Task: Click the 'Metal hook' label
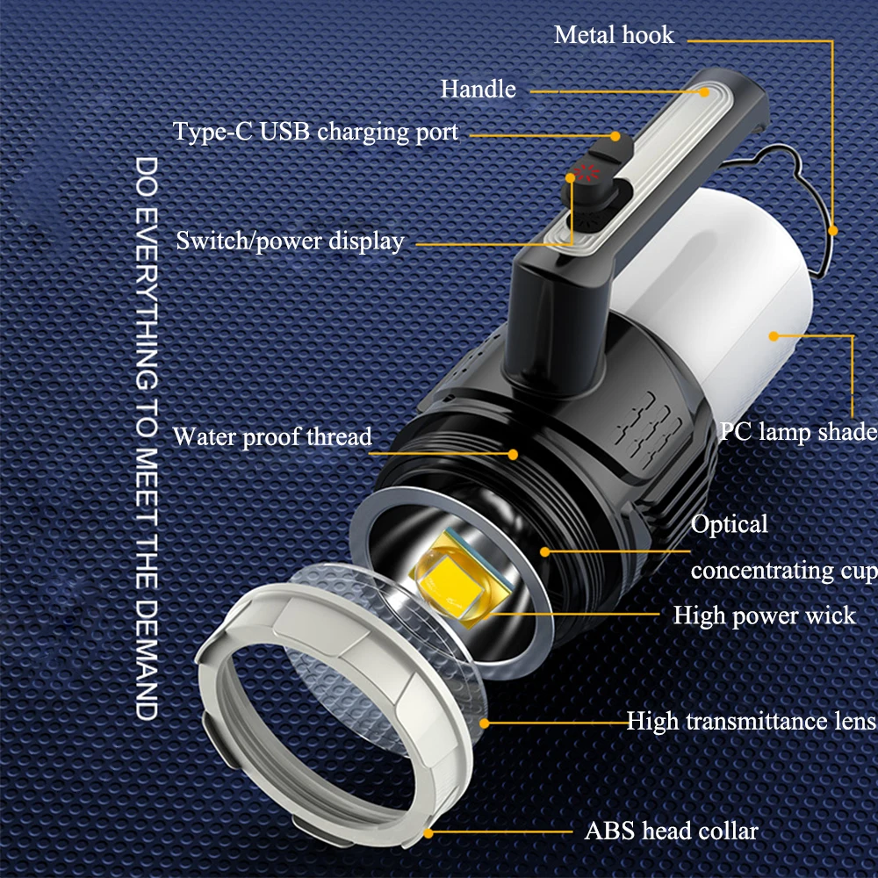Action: [614, 35]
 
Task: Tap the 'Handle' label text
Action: [479, 89]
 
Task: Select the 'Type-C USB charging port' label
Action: [315, 133]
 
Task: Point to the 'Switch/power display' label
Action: [290, 241]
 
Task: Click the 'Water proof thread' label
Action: [272, 436]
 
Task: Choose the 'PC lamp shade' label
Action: [797, 431]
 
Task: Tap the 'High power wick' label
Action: [764, 615]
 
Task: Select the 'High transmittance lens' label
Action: [751, 721]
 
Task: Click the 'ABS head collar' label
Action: [672, 830]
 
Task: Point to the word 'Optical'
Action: [730, 524]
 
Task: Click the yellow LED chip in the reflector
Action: [457, 580]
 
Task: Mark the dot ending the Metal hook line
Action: [832, 231]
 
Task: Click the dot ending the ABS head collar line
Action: [429, 831]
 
